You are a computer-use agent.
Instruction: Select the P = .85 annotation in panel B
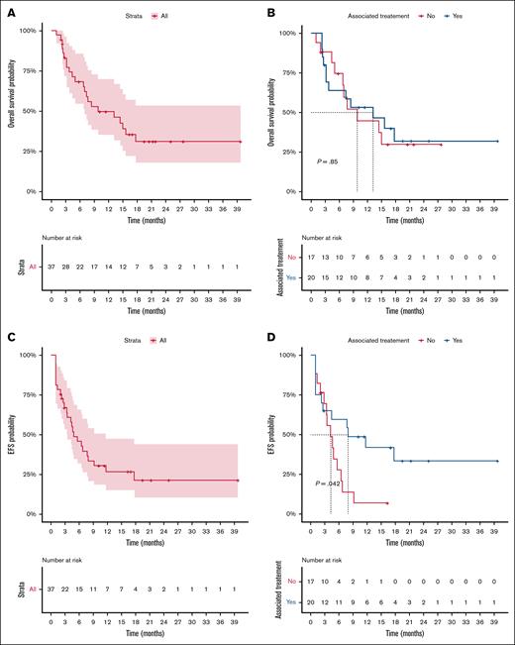pyautogui.click(x=328, y=161)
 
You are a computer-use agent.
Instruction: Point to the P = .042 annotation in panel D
pyautogui.click(x=331, y=484)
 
